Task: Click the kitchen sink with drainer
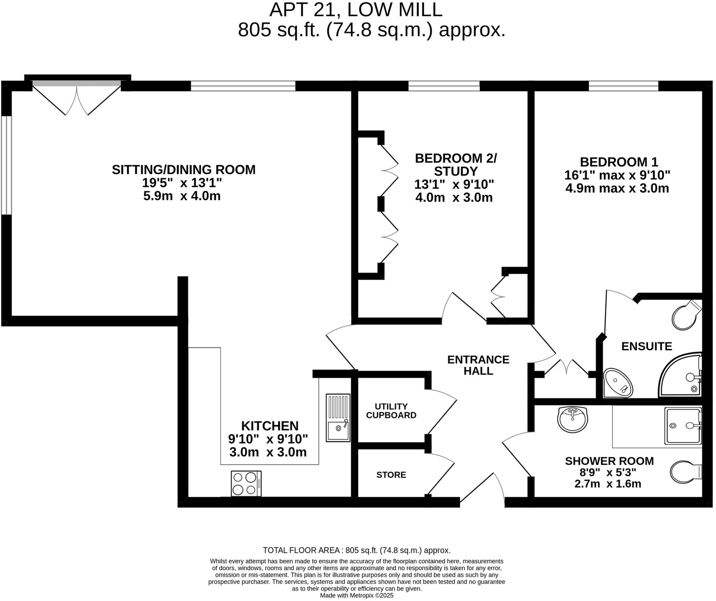[338, 418]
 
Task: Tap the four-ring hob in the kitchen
[246, 483]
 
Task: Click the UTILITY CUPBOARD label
[391, 411]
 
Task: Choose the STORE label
[391, 475]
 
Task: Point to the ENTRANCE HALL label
[478, 365]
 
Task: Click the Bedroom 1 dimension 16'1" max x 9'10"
[617, 175]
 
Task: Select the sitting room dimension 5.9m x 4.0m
[182, 196]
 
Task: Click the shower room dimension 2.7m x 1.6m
[608, 484]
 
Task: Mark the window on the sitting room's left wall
[6, 165]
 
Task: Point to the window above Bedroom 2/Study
[444, 86]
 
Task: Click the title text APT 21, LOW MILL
[356, 10]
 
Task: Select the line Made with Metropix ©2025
[357, 595]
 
